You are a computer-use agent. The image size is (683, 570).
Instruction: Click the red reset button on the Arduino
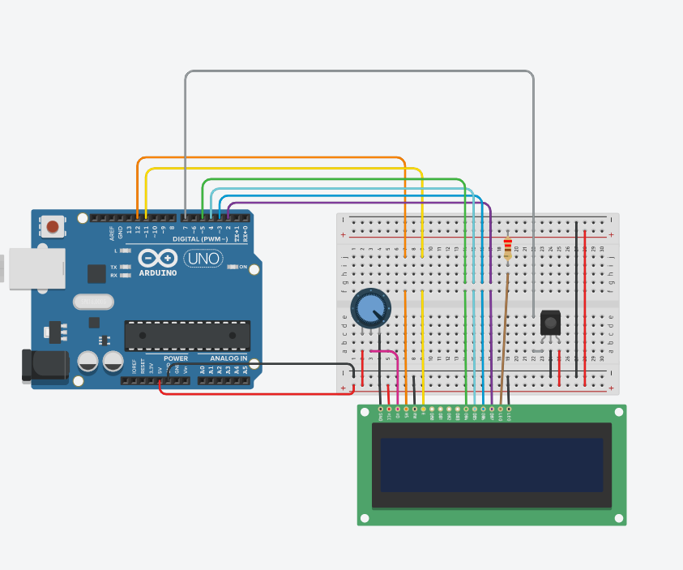pos(53,227)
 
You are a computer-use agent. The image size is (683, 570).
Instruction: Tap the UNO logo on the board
pos(203,259)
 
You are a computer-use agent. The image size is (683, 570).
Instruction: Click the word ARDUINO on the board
pos(157,273)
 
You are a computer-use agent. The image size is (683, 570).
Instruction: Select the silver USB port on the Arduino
pos(36,268)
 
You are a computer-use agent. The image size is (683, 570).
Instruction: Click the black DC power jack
pos(45,366)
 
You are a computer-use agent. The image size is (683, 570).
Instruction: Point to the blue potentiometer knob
pos(370,309)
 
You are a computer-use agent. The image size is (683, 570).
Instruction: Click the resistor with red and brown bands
pos(507,249)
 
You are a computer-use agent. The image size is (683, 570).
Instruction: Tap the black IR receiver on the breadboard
pos(551,324)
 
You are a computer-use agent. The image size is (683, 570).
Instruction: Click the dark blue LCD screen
pos(492,465)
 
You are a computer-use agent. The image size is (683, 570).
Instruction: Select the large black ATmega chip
pos(187,335)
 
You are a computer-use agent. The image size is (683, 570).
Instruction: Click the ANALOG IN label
pos(229,358)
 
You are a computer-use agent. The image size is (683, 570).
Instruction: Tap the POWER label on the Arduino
pos(175,358)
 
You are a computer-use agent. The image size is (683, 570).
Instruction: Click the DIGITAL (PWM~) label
pos(199,238)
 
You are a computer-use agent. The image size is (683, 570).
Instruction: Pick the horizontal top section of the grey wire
pos(356,71)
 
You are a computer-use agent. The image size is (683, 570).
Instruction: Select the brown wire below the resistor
pos(504,341)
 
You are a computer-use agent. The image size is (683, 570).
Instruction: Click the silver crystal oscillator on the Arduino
pos(93,302)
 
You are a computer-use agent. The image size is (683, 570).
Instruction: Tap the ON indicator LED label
pos(242,266)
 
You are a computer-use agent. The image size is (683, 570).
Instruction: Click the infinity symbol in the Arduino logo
pos(157,259)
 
